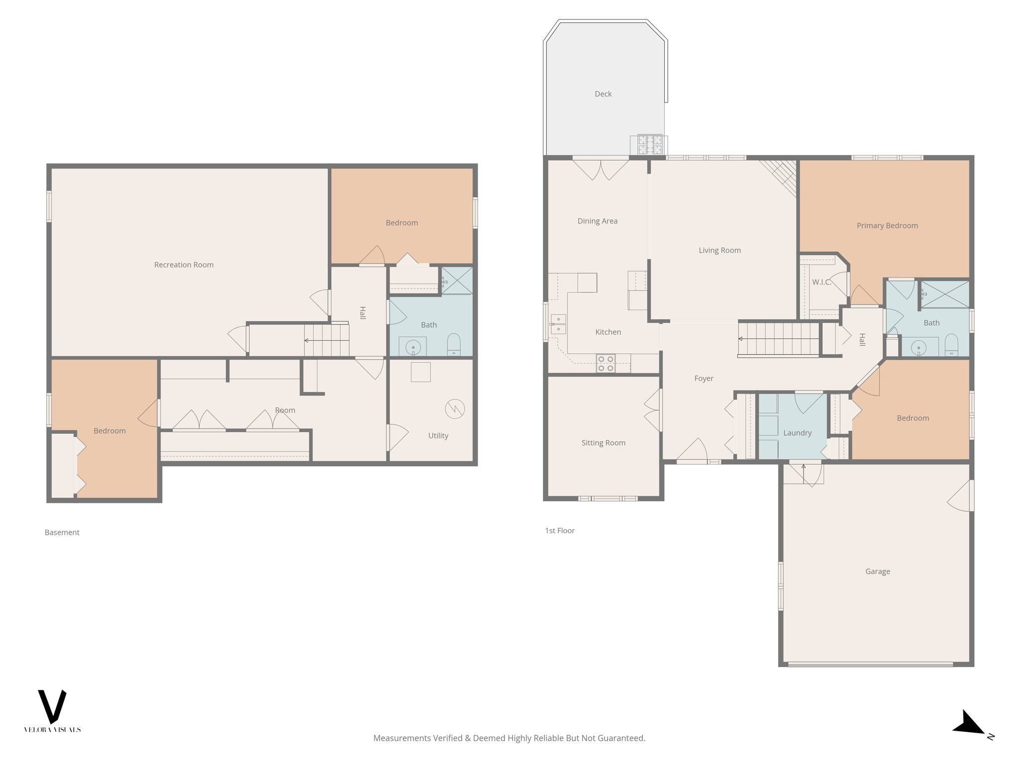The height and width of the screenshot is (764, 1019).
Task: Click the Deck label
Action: (x=603, y=94)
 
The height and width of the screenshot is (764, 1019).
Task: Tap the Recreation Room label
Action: (x=184, y=265)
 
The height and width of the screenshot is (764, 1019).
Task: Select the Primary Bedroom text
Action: (x=887, y=225)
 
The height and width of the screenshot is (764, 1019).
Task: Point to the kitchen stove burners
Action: (x=606, y=363)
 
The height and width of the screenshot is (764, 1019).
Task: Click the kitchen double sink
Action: (x=558, y=324)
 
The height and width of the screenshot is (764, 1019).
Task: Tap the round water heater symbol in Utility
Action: (x=454, y=409)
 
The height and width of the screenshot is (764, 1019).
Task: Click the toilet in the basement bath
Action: (x=453, y=344)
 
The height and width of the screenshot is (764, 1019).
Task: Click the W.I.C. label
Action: (x=821, y=282)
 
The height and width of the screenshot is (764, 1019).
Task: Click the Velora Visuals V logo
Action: (x=52, y=706)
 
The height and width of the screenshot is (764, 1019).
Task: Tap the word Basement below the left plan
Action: (x=62, y=532)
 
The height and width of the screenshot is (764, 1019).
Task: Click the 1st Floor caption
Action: (x=560, y=531)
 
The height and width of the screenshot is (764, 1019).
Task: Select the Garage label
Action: (x=878, y=572)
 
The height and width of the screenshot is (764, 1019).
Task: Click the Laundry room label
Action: (x=797, y=433)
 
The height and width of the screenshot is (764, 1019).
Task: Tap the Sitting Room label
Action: (x=603, y=443)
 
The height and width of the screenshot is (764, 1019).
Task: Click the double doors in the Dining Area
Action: (x=601, y=169)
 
